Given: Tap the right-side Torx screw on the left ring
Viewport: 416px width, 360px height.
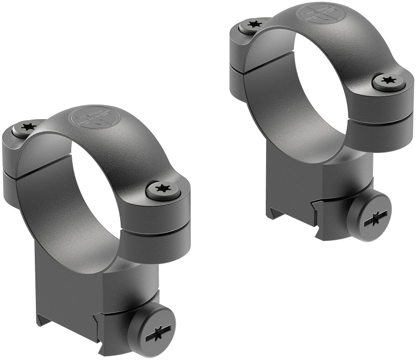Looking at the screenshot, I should click(162, 190).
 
